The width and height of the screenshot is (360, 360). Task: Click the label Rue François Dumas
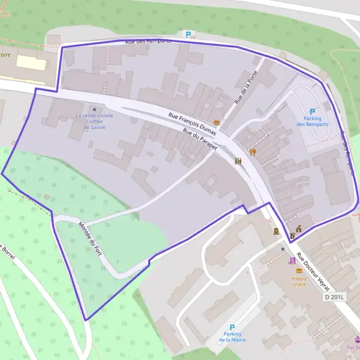pyautogui.click(x=192, y=118)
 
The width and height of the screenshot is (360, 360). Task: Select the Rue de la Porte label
pyautogui.click(x=245, y=91)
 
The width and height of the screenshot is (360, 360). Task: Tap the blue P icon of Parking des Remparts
pyautogui.click(x=312, y=111)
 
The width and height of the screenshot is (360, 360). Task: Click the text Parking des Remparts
pyautogui.click(x=312, y=121)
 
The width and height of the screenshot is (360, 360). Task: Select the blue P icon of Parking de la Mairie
pyautogui.click(x=232, y=328)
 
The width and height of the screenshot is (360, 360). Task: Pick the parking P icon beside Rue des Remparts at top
pyautogui.click(x=188, y=35)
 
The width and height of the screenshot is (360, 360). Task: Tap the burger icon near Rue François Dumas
pyautogui.click(x=217, y=122)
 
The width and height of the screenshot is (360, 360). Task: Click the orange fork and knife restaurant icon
pyautogui.click(x=253, y=152)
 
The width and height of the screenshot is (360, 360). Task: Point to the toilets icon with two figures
pyautogui.click(x=239, y=161)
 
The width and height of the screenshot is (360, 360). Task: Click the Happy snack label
pyautogui.click(x=299, y=281)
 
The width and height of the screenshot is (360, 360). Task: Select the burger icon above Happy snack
pyautogui.click(x=299, y=271)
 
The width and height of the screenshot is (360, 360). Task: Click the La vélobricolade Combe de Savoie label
pyautogui.click(x=94, y=121)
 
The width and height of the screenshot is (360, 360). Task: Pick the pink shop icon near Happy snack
pyautogui.click(x=292, y=260)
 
